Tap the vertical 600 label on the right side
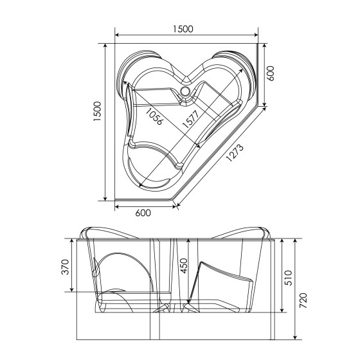[271, 73]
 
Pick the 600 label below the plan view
[143, 213]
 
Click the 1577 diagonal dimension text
[190, 120]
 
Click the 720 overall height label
[302, 300]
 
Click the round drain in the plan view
[186, 92]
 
